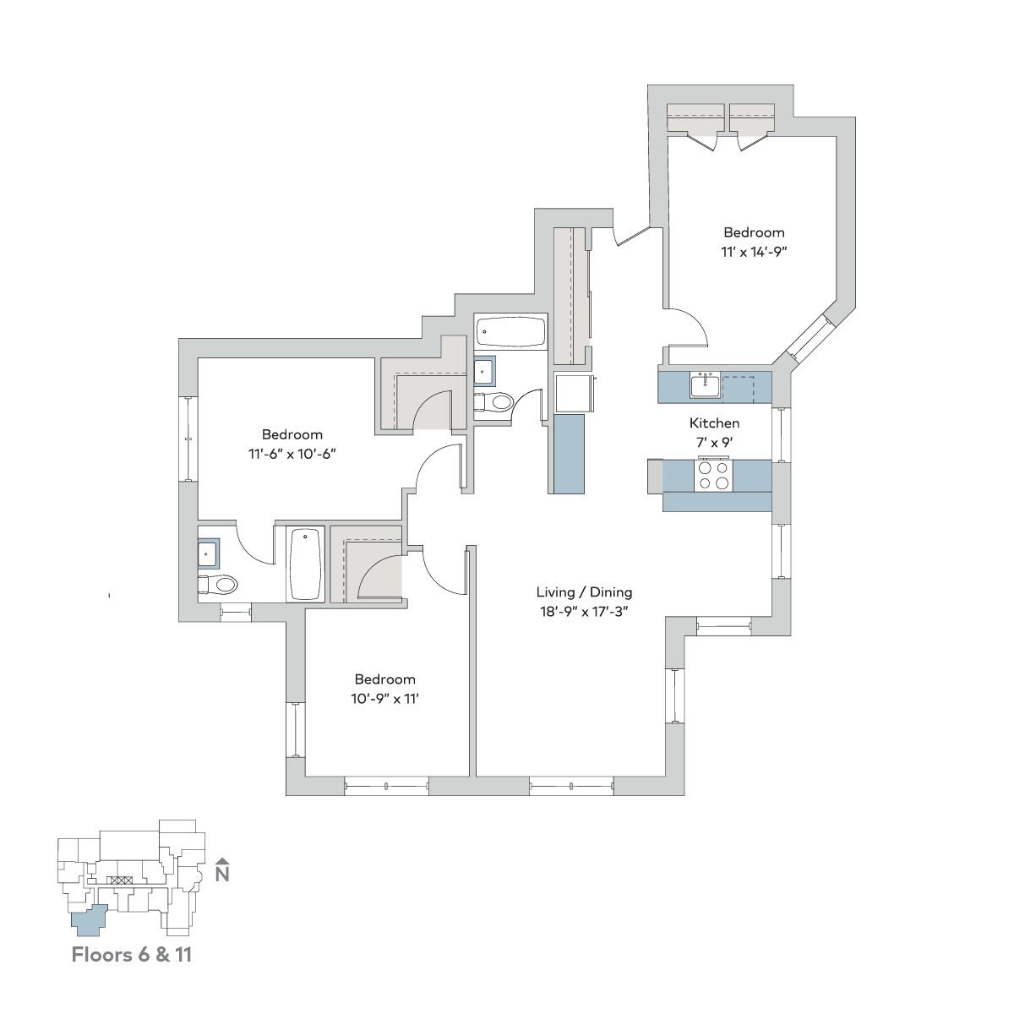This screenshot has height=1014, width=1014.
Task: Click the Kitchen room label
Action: click(x=714, y=423)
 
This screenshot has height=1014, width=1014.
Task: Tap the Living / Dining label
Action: click(x=584, y=592)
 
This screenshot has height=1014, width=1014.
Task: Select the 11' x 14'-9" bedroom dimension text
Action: click(x=754, y=252)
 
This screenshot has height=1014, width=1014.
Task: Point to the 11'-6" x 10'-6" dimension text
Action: click(x=292, y=454)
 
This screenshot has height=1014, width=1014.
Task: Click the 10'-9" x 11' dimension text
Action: click(x=384, y=698)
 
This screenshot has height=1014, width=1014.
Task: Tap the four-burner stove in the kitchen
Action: click(x=713, y=476)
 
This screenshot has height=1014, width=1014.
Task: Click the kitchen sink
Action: click(x=706, y=385)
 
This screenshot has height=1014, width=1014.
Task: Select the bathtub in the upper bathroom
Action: click(x=510, y=330)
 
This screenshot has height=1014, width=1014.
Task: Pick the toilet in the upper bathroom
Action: click(x=493, y=402)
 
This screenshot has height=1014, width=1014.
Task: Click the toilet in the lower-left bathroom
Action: click(x=218, y=584)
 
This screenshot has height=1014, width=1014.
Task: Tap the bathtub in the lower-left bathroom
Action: click(x=305, y=564)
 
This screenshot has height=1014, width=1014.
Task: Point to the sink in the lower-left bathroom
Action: click(x=209, y=553)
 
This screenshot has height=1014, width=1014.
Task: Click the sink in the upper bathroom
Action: click(x=484, y=372)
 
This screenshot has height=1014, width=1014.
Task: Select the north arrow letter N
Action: click(x=222, y=874)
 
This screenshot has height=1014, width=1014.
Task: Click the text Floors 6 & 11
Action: click(x=132, y=955)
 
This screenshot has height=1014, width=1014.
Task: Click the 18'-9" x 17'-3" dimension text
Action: click(x=584, y=612)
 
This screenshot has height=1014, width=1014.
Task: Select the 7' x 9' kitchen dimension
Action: click(x=714, y=443)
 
